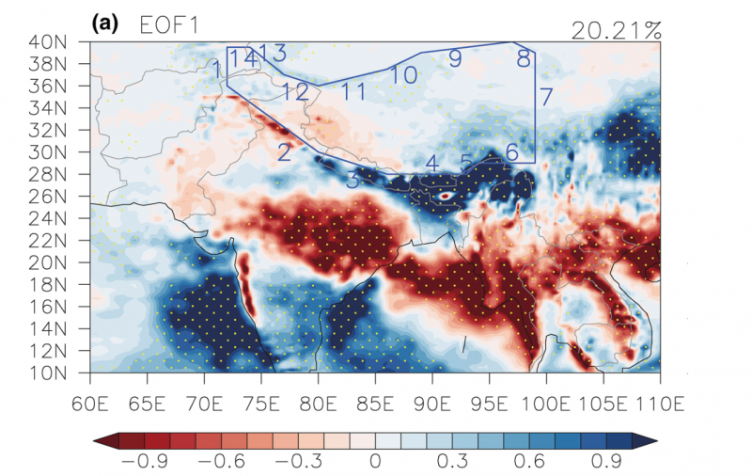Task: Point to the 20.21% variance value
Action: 616,30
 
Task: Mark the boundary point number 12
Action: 294,91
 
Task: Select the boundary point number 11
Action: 353,91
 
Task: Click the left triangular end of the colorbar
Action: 99,440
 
